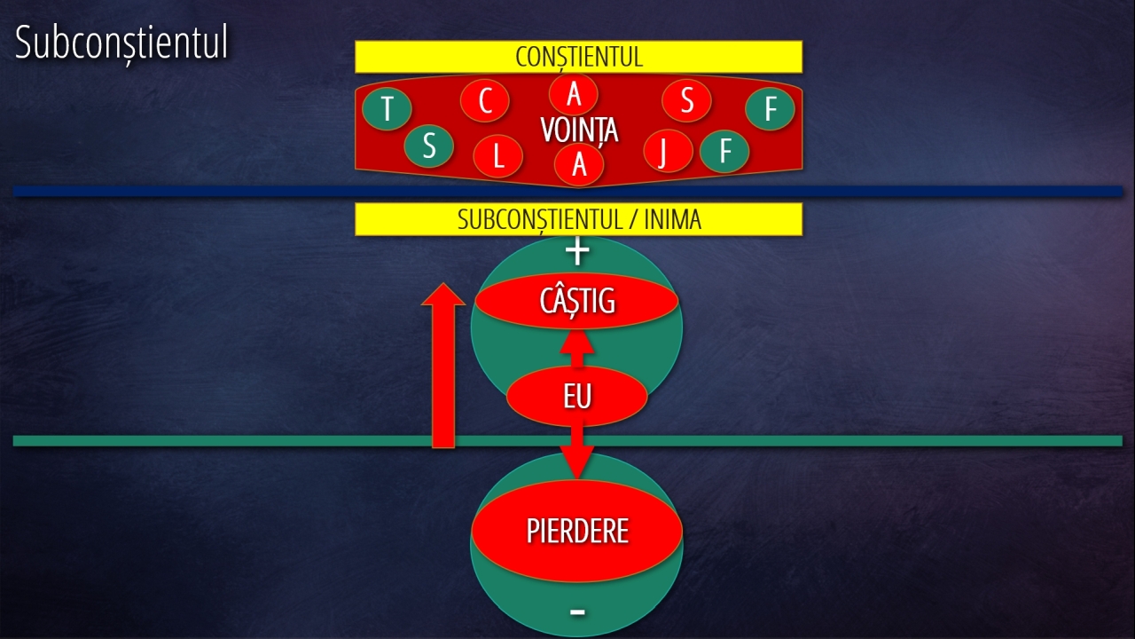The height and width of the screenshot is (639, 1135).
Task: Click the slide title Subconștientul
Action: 121,43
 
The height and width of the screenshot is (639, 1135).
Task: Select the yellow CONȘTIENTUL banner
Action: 578,57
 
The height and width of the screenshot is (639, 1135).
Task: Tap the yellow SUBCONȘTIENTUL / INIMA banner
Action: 578,219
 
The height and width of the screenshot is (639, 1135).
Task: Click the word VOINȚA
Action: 579,130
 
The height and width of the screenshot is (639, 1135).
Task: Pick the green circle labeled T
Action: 387,110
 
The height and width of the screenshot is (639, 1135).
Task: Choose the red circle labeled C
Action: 485,101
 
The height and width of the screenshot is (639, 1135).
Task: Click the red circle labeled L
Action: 497,157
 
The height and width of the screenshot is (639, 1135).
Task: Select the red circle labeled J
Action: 662,151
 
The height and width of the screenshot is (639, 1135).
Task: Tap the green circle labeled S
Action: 429,146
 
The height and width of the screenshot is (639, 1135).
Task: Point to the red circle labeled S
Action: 686,101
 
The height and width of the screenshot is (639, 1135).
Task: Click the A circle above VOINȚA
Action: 574,92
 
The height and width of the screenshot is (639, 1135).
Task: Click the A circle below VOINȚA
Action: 579,164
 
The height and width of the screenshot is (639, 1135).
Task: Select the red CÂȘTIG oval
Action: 576,301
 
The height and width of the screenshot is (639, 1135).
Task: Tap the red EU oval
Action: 576,397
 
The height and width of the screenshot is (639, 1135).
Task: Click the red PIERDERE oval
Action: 576,531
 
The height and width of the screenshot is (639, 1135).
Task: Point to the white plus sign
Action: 577,252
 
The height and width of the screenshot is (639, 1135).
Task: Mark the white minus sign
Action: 577,611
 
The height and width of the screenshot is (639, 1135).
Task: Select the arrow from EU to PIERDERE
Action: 577,453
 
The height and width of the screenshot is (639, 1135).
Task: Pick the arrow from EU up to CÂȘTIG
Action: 577,348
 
